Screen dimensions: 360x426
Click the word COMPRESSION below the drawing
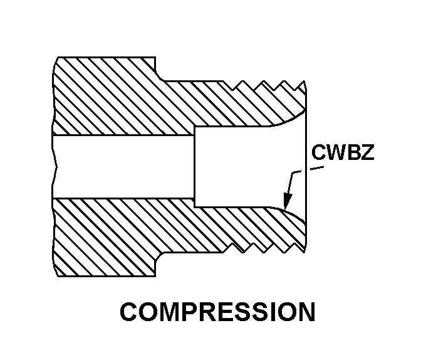(217, 312)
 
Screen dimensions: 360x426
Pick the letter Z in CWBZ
(366, 154)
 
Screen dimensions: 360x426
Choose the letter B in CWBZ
(352, 154)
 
